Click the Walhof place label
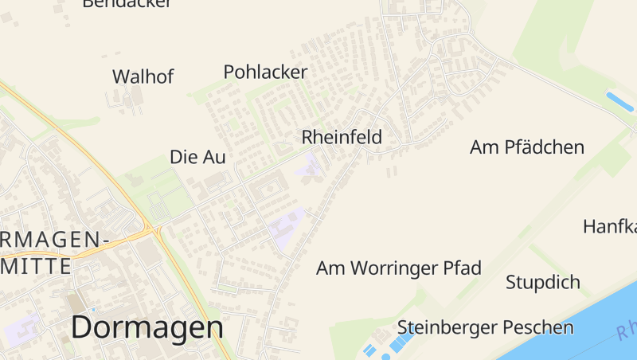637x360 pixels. pyautogui.click(x=143, y=77)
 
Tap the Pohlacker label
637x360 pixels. pyautogui.click(x=265, y=72)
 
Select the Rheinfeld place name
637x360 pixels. pyautogui.click(x=342, y=138)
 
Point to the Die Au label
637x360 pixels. pyautogui.click(x=197, y=158)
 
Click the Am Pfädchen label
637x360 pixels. pyautogui.click(x=527, y=147)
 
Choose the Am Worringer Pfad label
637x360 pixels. pyautogui.click(x=399, y=268)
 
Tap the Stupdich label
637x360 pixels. pyautogui.click(x=543, y=283)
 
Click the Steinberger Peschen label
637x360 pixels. pyautogui.click(x=486, y=327)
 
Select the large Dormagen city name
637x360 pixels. pyautogui.click(x=147, y=327)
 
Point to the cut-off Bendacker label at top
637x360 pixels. pyautogui.click(x=127, y=4)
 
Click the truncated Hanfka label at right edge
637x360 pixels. pyautogui.click(x=610, y=226)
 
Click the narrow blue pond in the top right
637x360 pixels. pyautogui.click(x=620, y=102)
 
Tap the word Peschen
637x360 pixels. pyautogui.click(x=535, y=327)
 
